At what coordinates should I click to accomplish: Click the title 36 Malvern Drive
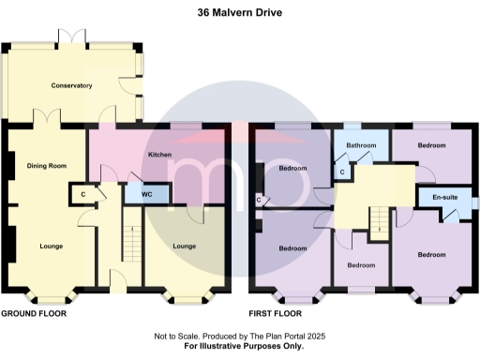(239, 13)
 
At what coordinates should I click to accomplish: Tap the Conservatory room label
(71, 85)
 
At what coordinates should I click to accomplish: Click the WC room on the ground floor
(148, 194)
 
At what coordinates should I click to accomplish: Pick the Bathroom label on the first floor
(361, 146)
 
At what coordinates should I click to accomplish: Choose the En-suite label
(444, 199)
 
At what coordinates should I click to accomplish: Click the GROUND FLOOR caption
(34, 314)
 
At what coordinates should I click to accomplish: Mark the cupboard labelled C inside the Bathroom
(342, 172)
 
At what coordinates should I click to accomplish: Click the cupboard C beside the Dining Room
(83, 194)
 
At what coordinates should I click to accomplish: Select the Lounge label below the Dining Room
(52, 247)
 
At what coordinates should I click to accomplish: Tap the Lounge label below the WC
(185, 247)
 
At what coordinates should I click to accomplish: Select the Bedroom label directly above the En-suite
(431, 146)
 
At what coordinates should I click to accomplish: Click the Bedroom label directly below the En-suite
(431, 255)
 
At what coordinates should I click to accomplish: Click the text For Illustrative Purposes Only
(240, 347)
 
